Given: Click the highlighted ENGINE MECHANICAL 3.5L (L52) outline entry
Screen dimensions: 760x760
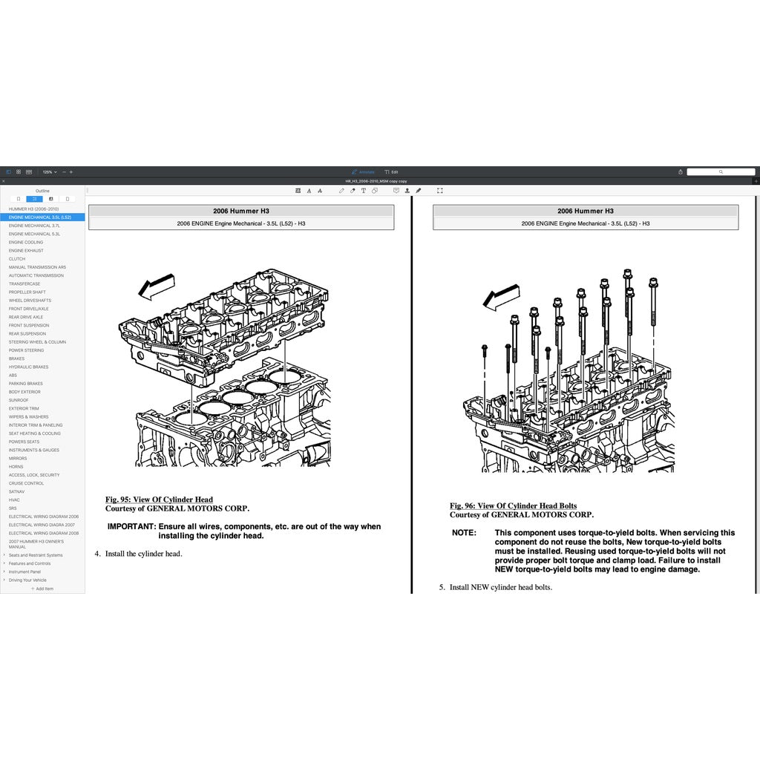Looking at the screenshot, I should click(x=40, y=217).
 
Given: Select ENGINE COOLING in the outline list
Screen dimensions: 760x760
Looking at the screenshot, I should click(x=26, y=242).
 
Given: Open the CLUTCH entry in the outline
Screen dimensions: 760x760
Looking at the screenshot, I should click(x=17, y=259).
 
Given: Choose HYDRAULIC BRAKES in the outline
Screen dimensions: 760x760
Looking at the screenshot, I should click(x=28, y=367).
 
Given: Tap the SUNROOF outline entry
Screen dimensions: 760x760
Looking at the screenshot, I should click(x=19, y=400).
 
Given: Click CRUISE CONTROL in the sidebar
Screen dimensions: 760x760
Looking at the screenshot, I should click(x=26, y=483).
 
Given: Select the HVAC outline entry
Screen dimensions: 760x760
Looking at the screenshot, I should click(x=14, y=499).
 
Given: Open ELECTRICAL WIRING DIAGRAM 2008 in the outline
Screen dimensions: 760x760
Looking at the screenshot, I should click(x=43, y=533).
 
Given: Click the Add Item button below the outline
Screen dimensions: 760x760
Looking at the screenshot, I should click(x=42, y=589).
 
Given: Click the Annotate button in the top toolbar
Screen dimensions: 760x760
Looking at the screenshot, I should click(x=364, y=171).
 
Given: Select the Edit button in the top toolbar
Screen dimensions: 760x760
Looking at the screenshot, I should click(x=391, y=171).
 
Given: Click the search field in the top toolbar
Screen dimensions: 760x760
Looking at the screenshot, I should click(x=720, y=171).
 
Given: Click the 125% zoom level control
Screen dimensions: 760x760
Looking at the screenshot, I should click(x=49, y=171).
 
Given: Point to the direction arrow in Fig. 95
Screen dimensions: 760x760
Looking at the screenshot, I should click(x=157, y=286).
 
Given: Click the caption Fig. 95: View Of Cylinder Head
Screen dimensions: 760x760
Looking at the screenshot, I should click(x=159, y=499).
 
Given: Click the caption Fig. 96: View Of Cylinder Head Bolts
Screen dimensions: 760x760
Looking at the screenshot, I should click(x=513, y=506).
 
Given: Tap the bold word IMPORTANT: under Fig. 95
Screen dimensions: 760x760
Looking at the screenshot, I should click(x=131, y=526).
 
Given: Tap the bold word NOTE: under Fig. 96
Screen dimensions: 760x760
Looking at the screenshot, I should click(x=464, y=533).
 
